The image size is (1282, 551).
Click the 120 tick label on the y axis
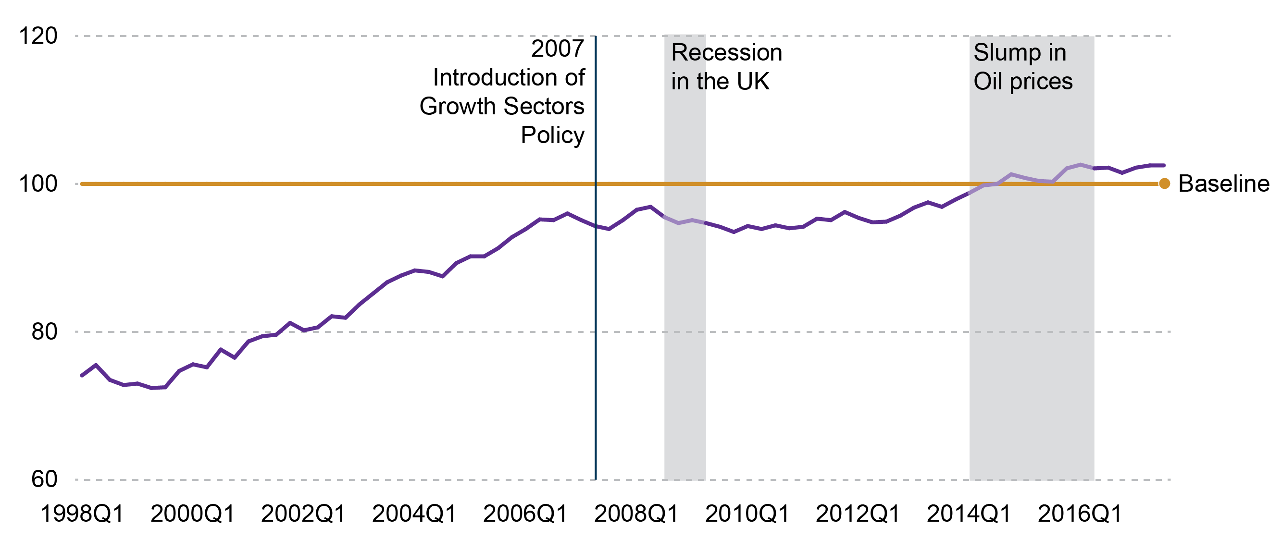pyautogui.click(x=38, y=37)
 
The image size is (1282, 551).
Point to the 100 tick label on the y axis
pyautogui.click(x=38, y=184)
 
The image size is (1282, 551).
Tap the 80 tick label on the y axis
pyautogui.click(x=44, y=331)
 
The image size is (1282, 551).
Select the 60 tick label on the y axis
pyautogui.click(x=44, y=479)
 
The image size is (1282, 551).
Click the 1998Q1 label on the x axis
pyautogui.click(x=82, y=514)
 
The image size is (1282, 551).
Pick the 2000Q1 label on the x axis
pyautogui.click(x=193, y=514)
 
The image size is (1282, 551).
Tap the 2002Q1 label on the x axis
pyautogui.click(x=303, y=514)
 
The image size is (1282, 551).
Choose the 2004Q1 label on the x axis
pyautogui.click(x=414, y=514)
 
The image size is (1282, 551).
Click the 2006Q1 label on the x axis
pyautogui.click(x=525, y=514)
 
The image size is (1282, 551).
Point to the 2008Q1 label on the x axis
pyautogui.click(x=636, y=514)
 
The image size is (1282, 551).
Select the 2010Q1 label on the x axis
pyautogui.click(x=747, y=514)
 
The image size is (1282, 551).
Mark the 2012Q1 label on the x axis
pyautogui.click(x=858, y=514)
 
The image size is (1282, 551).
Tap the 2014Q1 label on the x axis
pyautogui.click(x=969, y=514)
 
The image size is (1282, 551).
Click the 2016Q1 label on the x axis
pyautogui.click(x=1080, y=514)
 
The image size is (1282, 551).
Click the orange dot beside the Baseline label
pyautogui.click(x=1165, y=184)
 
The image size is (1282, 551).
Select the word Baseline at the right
pyautogui.click(x=1224, y=184)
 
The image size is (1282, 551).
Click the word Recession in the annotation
pyautogui.click(x=727, y=53)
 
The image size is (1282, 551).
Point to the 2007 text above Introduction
pyautogui.click(x=557, y=49)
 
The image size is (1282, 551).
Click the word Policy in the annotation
pyautogui.click(x=552, y=135)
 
